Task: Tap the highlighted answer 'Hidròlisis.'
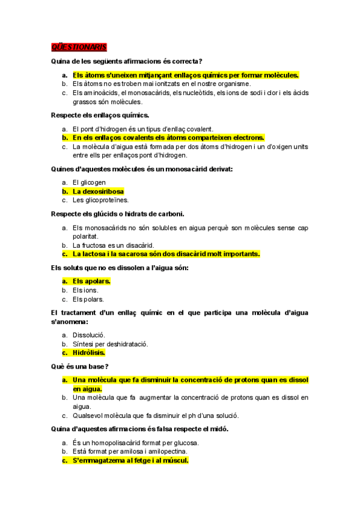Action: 89,353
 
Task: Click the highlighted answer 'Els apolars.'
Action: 91,281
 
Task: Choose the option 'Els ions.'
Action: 85,290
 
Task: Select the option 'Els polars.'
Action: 88,299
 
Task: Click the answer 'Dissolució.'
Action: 89,335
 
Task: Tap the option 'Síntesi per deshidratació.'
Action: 110,344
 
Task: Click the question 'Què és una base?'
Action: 80,366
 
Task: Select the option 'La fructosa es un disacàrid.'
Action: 114,245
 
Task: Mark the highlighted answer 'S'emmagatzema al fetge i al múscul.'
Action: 130,461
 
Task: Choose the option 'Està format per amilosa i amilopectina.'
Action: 130,452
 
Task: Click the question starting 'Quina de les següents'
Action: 126,61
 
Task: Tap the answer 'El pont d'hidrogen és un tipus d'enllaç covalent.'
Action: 143,129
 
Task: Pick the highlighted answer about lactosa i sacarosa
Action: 166,254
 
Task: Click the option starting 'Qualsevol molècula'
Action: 156,415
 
